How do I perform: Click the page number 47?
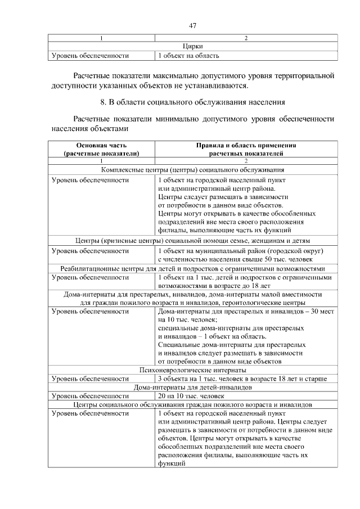192,25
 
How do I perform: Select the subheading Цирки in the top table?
192,47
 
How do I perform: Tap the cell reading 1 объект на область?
188,56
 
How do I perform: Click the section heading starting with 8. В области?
192,102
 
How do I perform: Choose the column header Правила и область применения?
246,149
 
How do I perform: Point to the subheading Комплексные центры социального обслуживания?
192,169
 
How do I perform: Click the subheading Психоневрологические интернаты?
192,371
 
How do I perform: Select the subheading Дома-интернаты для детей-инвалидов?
192,388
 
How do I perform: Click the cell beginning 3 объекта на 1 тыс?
242,379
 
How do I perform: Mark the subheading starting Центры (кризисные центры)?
192,241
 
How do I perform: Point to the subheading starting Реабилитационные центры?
192,268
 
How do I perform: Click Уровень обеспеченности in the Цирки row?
90,56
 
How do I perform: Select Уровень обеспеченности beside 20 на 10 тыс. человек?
90,396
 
